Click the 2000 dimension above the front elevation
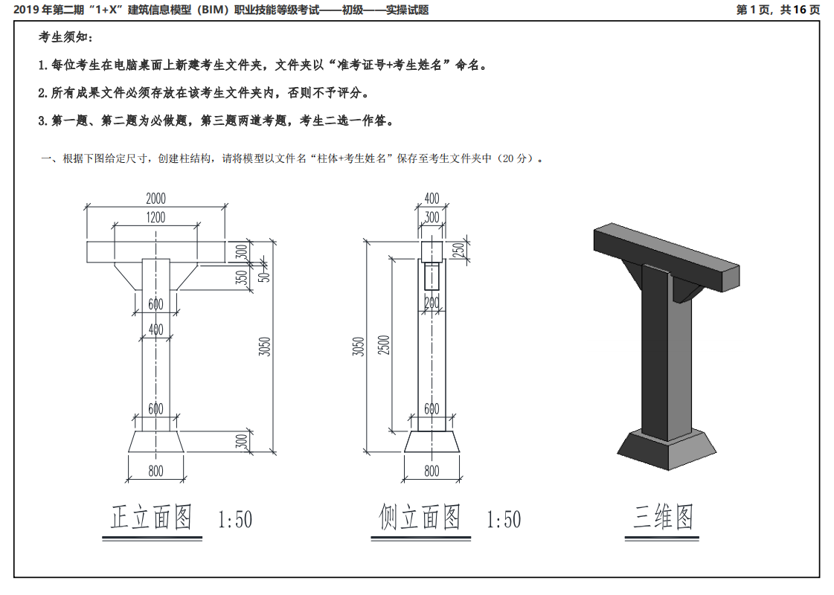pos(155,199)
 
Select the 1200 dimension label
pos(155,217)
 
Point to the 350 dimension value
pos(242,277)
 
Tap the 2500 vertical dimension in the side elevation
pos(384,345)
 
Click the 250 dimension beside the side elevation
pos(459,250)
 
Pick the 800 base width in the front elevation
pos(155,471)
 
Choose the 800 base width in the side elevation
pos(432,471)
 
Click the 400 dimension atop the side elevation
pos(432,199)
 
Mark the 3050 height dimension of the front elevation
pos(264,347)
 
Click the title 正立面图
pos(151,517)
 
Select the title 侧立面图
pos(420,517)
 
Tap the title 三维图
pos(663,517)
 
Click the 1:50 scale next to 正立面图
pos(235,519)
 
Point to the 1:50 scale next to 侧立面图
pos(504,519)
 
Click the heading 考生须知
pos(66,37)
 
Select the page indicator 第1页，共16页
pos(778,10)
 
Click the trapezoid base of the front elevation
pos(155,442)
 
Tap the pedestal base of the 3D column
pos(667,449)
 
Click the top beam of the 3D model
pos(667,255)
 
